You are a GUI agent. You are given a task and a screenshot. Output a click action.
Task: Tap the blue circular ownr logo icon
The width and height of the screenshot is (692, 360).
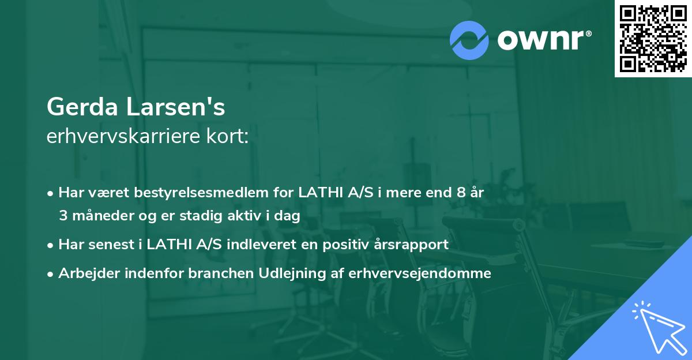tap(469, 40)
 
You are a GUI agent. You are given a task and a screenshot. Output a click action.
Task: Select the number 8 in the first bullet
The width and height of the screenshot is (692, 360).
tap(460, 193)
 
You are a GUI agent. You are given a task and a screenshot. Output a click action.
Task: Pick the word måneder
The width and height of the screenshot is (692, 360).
tap(96, 216)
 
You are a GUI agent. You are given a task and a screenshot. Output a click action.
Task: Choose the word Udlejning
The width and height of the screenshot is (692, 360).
tap(274, 273)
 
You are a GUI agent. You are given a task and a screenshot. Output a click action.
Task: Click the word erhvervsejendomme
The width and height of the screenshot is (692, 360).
tap(420, 273)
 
